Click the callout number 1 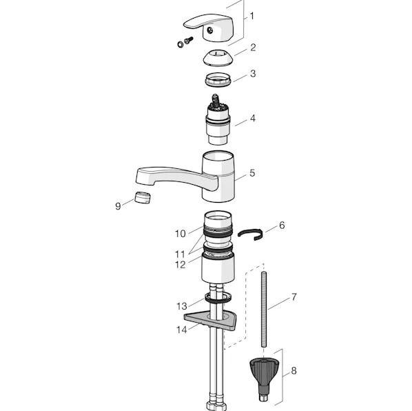point(252,17)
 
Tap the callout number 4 point(253,119)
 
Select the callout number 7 point(293,297)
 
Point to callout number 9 point(119,206)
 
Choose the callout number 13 point(182,305)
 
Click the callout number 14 point(182,330)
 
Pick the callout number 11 point(181,254)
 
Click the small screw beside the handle point(188,41)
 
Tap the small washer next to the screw point(180,44)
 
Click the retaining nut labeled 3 point(218,79)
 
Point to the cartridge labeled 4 point(218,120)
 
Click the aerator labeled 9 point(143,198)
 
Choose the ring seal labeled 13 point(218,297)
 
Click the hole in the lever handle point(209,30)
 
